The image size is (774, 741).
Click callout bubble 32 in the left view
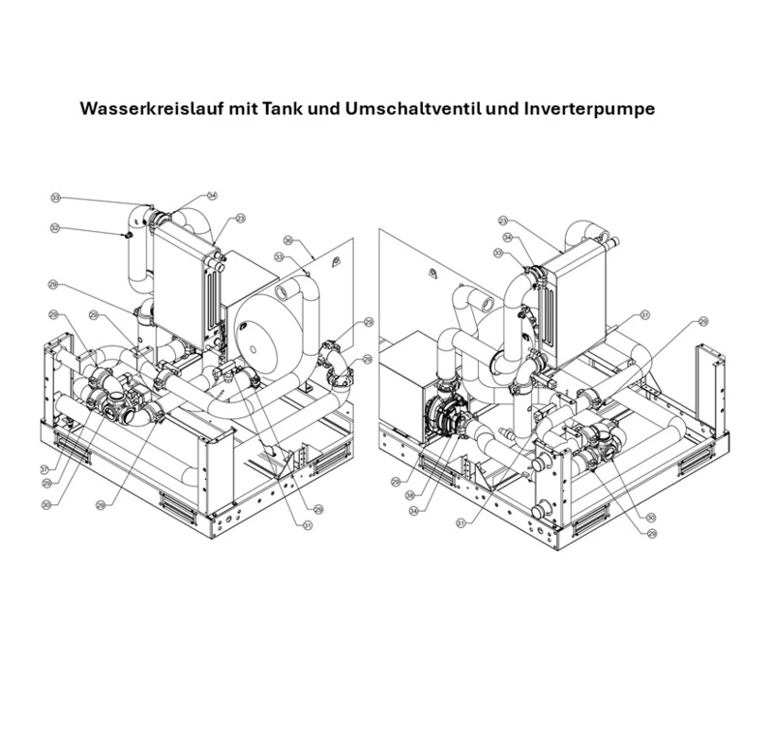click(x=55, y=228)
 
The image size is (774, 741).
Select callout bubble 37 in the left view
click(x=45, y=468)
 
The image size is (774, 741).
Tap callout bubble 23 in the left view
click(x=240, y=219)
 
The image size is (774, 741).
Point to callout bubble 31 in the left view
click(x=308, y=525)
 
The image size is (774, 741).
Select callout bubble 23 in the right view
click(x=503, y=222)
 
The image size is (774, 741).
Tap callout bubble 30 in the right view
click(x=650, y=519)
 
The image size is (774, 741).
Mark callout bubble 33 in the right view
click(x=500, y=253)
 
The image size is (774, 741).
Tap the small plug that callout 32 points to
click(x=128, y=234)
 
